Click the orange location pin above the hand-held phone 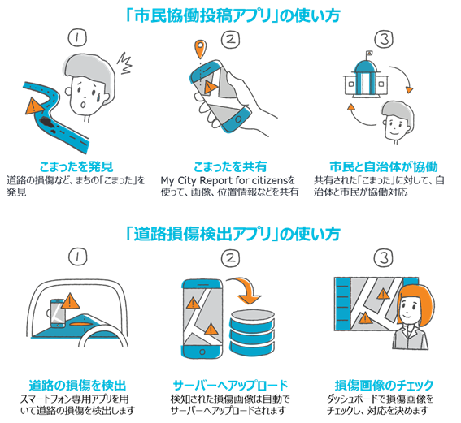point(200,49)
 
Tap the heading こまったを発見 point(76,166)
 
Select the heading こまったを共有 point(230,166)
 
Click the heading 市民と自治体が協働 point(384,166)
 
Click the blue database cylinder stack point(252,332)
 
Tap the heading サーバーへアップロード point(231,386)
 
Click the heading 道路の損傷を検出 point(77,386)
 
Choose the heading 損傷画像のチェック point(385,386)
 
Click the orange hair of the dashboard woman point(418,296)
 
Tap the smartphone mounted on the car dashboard point(58,313)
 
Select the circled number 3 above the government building point(385,39)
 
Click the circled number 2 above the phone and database point(230,257)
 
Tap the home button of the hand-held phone point(238,119)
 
